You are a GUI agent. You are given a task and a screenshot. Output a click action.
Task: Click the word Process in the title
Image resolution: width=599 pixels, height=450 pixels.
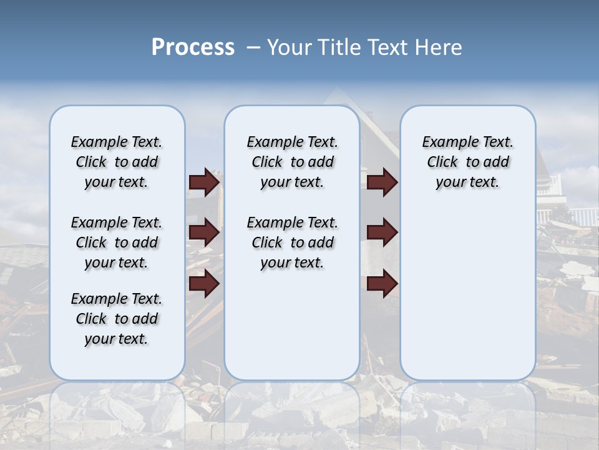coord(193,47)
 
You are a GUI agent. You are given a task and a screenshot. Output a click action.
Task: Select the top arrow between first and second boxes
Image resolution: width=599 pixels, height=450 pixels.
coord(204,182)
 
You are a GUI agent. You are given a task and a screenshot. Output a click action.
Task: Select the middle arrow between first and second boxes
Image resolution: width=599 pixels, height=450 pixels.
coord(204,233)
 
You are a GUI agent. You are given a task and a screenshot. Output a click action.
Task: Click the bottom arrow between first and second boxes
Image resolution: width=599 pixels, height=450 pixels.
coord(204,284)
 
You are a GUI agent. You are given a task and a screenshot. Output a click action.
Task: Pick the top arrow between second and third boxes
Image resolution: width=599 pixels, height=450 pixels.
coord(382,182)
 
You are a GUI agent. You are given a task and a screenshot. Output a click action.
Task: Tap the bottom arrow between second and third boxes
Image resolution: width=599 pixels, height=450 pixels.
coord(382,284)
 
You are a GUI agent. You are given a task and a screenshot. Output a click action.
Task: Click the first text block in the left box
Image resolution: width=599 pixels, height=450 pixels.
coord(117,162)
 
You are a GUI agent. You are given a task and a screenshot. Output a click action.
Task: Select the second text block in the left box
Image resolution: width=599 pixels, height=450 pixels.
coord(117,242)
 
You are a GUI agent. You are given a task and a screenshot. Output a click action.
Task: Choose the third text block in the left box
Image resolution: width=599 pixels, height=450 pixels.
coord(117,319)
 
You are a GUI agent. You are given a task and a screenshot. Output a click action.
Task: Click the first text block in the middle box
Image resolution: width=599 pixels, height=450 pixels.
coord(292,162)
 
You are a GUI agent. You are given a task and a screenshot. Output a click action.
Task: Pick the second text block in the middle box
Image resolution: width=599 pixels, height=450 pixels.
coord(292,242)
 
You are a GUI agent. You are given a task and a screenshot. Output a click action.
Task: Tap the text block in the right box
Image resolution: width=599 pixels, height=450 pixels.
coord(467,162)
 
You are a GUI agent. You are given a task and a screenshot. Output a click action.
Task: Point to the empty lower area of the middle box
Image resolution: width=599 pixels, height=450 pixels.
coord(292,325)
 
